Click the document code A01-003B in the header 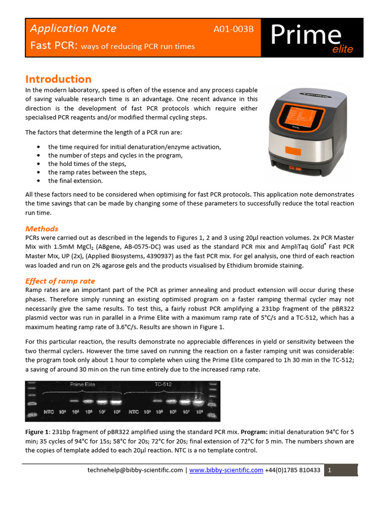233,29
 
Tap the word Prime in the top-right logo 306,35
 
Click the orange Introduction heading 58,79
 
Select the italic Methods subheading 41,229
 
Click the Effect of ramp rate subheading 60,281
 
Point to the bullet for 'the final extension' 38,181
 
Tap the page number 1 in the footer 329,470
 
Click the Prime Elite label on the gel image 83,384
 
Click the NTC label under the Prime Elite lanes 48,411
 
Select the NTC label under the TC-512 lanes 134,411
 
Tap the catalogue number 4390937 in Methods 216,256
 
